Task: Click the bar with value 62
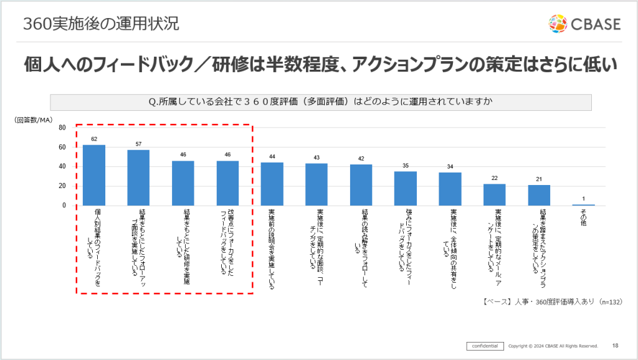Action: (x=94, y=175)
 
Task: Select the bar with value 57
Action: (x=138, y=178)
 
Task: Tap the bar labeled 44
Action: (x=272, y=184)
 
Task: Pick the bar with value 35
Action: (x=406, y=188)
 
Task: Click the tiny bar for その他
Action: (x=584, y=204)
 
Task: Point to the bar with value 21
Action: (x=539, y=195)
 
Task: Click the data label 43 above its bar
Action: (x=317, y=158)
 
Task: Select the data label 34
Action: (x=450, y=166)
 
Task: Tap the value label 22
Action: (x=495, y=178)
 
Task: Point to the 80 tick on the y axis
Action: (x=62, y=128)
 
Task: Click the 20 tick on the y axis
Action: (x=62, y=186)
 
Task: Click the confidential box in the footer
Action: (x=485, y=346)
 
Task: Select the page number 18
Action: (x=616, y=346)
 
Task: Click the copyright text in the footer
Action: (x=553, y=346)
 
